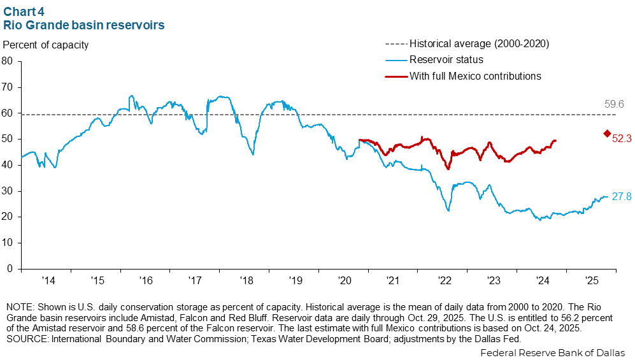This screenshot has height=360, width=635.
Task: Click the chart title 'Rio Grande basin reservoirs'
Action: (x=84, y=25)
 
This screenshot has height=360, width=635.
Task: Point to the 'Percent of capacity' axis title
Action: (x=46, y=45)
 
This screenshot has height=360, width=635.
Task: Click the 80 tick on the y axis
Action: (x=8, y=61)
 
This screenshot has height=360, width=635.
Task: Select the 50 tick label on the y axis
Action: (x=8, y=139)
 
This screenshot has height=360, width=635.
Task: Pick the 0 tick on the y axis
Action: (x=10, y=269)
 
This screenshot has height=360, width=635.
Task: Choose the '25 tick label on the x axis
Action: (x=590, y=280)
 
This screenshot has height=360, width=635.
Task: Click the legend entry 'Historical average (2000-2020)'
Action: (x=479, y=44)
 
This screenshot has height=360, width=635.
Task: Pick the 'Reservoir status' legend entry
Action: (x=446, y=60)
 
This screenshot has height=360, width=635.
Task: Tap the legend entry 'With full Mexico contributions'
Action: (x=475, y=76)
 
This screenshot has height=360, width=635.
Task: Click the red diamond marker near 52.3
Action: (x=607, y=133)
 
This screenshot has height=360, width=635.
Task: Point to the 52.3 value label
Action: (x=622, y=138)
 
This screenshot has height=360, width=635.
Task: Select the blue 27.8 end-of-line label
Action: (x=622, y=197)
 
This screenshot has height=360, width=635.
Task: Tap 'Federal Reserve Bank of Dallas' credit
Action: (x=552, y=352)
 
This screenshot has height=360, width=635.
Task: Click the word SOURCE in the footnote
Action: (x=24, y=339)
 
